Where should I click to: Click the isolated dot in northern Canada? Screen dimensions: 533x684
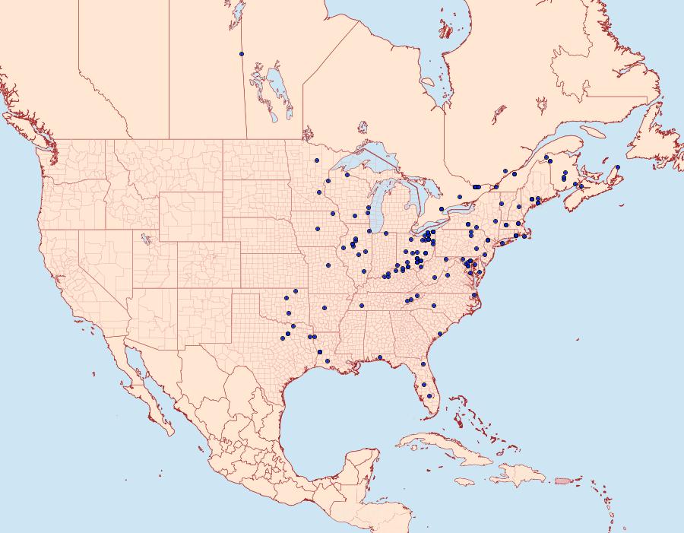tap(241, 54)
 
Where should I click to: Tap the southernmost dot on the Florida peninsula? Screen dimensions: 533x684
tap(430, 395)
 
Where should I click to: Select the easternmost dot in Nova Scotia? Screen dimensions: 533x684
tap(618, 167)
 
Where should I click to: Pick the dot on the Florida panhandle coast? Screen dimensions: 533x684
tap(379, 357)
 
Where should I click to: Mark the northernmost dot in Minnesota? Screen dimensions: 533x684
tap(316, 160)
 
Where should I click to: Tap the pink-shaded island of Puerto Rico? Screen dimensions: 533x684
tap(563, 480)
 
